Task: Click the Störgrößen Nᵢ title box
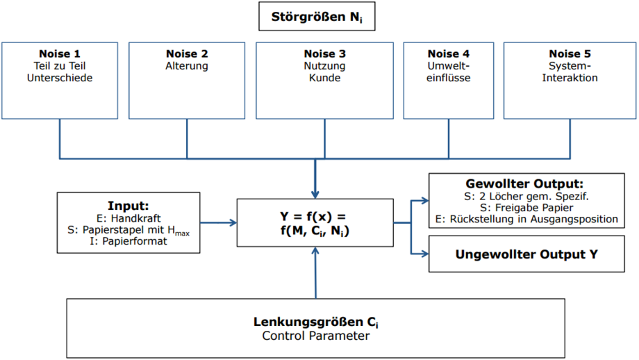(x=317, y=16)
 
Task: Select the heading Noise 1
(x=60, y=54)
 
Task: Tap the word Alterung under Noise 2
(x=187, y=66)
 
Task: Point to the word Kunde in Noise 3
(x=325, y=78)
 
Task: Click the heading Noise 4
(x=448, y=54)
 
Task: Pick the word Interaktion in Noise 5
(x=570, y=78)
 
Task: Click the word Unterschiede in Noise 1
(x=60, y=78)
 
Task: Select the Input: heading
(x=128, y=206)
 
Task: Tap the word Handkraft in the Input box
(x=135, y=218)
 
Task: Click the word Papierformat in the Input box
(x=135, y=241)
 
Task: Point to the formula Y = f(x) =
(x=313, y=217)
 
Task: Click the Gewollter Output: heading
(x=524, y=183)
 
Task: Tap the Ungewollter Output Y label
(x=526, y=254)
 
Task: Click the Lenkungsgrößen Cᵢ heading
(x=316, y=322)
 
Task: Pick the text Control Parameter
(x=316, y=336)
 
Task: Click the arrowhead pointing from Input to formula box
(x=233, y=222)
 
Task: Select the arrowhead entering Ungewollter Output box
(x=425, y=254)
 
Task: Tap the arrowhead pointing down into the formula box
(x=315, y=195)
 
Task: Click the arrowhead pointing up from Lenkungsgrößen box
(x=315, y=251)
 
